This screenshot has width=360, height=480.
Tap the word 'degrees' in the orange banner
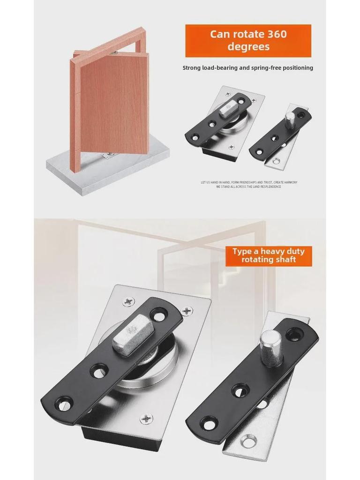(x=248, y=47)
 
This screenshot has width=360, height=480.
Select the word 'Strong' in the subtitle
(x=192, y=68)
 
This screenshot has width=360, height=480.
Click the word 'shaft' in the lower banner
(x=285, y=260)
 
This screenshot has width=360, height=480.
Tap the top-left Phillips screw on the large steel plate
(x=128, y=301)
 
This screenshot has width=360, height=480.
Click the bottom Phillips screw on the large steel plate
(x=147, y=418)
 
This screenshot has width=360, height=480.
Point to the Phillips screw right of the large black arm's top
(x=187, y=310)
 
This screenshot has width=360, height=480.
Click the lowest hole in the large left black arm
(x=63, y=403)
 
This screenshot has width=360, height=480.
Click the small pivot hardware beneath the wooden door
(x=108, y=155)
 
